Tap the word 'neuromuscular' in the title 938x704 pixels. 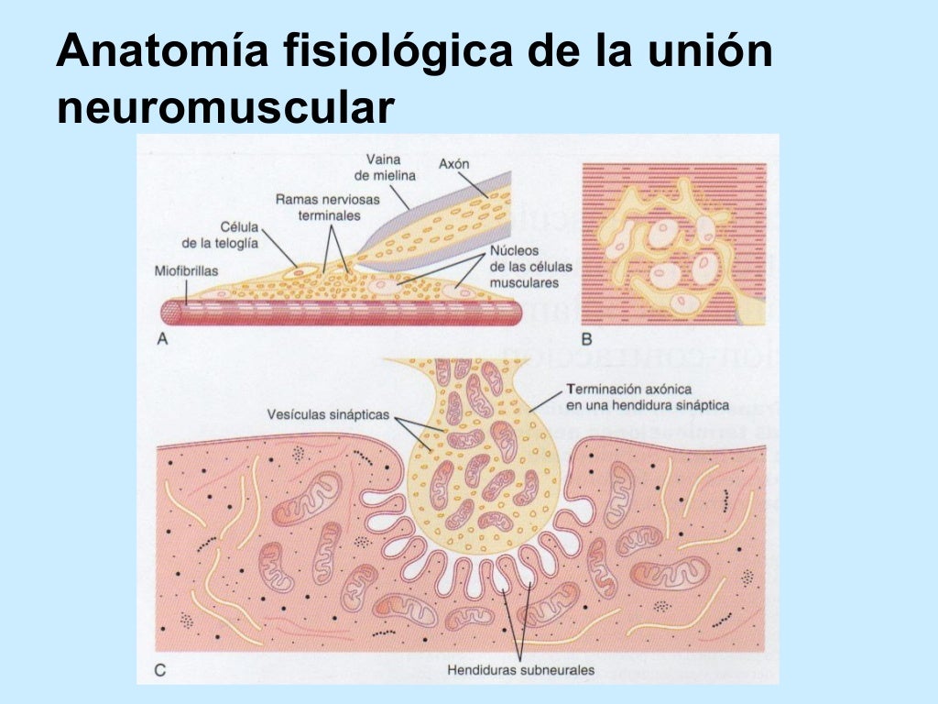tap(225, 108)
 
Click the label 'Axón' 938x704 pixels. tap(453, 164)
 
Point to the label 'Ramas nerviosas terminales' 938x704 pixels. tap(318, 206)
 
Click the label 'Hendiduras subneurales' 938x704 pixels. tap(520, 670)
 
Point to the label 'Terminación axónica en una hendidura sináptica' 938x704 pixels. tap(647, 397)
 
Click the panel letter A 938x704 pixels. tap(162, 338)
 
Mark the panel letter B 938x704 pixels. tap(588, 338)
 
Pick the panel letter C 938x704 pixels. tap(160, 670)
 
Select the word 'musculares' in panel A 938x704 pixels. tap(524, 283)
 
